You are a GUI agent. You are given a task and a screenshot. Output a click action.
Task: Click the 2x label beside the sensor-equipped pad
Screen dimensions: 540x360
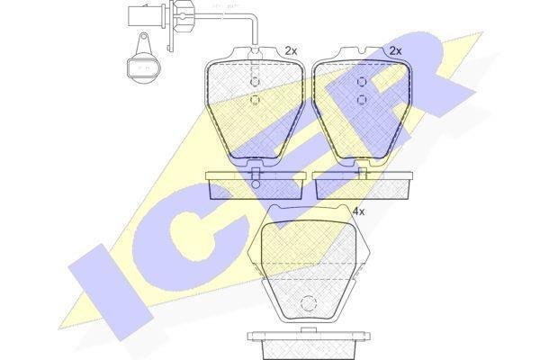click(x=291, y=51)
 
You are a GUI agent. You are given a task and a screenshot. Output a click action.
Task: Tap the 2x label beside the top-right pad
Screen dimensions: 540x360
click(x=395, y=51)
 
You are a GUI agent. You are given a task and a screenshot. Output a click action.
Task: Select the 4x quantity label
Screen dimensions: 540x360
click(x=358, y=211)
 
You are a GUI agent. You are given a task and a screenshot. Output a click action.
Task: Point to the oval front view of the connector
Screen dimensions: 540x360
click(x=143, y=68)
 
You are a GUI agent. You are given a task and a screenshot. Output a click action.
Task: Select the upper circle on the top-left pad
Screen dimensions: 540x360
click(x=255, y=82)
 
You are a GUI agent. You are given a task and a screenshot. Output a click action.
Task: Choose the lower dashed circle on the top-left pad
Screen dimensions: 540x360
click(x=255, y=100)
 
